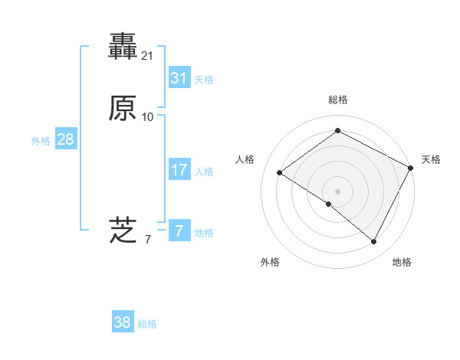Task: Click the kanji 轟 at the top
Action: point(123,47)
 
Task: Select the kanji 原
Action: point(123,109)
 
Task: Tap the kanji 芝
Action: point(123,230)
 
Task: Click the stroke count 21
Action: point(148,56)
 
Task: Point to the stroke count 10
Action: point(148,117)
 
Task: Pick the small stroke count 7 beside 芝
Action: point(148,240)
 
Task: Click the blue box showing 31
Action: point(179,77)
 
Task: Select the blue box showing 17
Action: point(179,170)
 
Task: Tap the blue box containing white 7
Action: point(179,231)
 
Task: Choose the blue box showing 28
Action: point(65,139)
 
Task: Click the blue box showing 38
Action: point(123,322)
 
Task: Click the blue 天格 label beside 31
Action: point(204,80)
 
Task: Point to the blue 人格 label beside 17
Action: point(204,172)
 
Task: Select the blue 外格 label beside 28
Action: point(41,141)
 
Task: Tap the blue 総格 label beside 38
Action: point(147,324)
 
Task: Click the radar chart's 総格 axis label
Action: point(337,100)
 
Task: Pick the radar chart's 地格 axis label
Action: point(402,262)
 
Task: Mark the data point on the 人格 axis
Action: point(280,173)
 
